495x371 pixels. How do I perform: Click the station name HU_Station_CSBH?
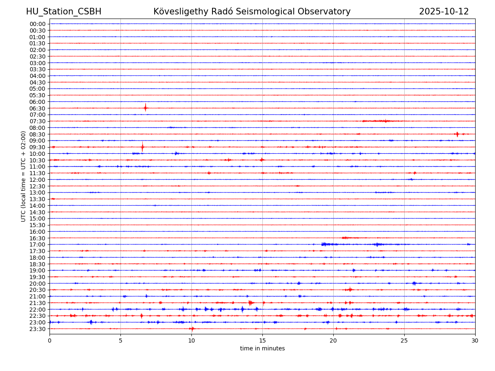[64, 12]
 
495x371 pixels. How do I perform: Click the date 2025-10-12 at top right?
[444, 12]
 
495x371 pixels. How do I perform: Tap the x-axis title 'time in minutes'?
[262, 348]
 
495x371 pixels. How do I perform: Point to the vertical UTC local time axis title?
[24, 176]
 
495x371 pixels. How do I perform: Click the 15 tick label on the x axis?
[262, 340]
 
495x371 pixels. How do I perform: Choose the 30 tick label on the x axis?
[475, 340]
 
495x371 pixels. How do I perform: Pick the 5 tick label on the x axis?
[120, 340]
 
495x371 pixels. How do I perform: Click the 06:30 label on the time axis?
[38, 108]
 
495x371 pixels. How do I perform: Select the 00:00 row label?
[38, 24]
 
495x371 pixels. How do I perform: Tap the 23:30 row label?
[38, 329]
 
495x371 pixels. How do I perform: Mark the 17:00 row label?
[38, 244]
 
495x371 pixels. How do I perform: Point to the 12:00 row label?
[38, 180]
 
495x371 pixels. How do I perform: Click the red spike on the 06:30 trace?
[145, 108]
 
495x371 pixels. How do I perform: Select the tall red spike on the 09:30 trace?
[142, 147]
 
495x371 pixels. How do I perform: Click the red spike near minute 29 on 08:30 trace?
[457, 134]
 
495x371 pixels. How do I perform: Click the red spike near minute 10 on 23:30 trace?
[192, 329]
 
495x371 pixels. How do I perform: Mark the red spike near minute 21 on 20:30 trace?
[350, 289]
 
